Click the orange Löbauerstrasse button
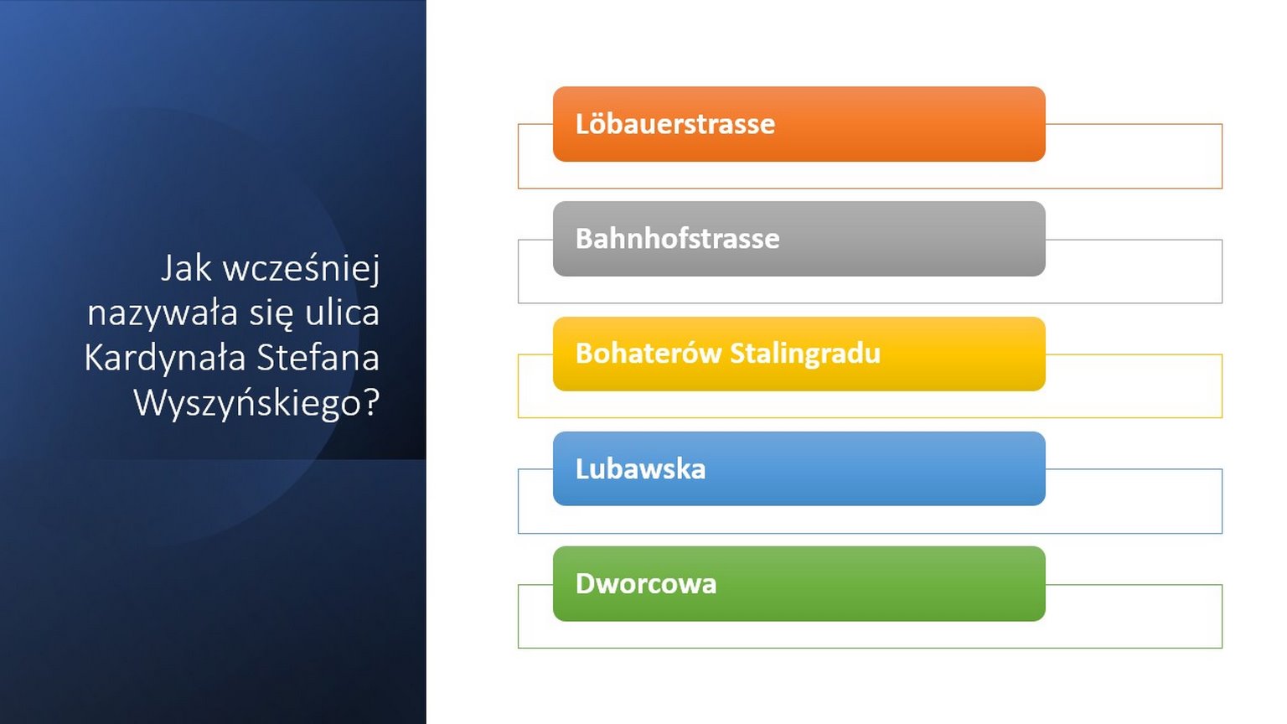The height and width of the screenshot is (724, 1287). pyautogui.click(x=799, y=124)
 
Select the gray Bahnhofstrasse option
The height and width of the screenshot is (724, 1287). pyautogui.click(x=799, y=239)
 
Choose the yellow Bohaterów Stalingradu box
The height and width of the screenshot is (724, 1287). pyautogui.click(x=799, y=354)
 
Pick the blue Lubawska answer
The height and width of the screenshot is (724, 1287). pyautogui.click(x=799, y=468)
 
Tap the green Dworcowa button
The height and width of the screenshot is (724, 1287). pyautogui.click(x=799, y=583)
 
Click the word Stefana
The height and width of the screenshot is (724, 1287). pyautogui.click(x=318, y=358)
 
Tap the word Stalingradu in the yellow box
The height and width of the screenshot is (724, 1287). pyautogui.click(x=805, y=354)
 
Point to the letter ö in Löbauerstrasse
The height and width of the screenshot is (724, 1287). pyautogui.click(x=597, y=123)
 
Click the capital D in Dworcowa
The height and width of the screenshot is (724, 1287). pyautogui.click(x=586, y=584)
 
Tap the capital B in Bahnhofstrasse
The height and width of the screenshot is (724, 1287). pyautogui.click(x=585, y=239)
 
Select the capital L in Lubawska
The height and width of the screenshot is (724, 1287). pyautogui.click(x=582, y=469)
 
